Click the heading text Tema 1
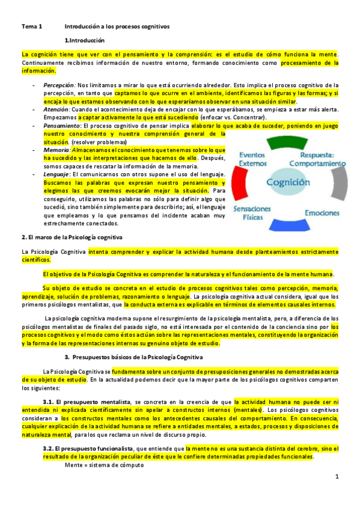(x=32, y=27)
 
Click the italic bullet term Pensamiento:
(x=63, y=126)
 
